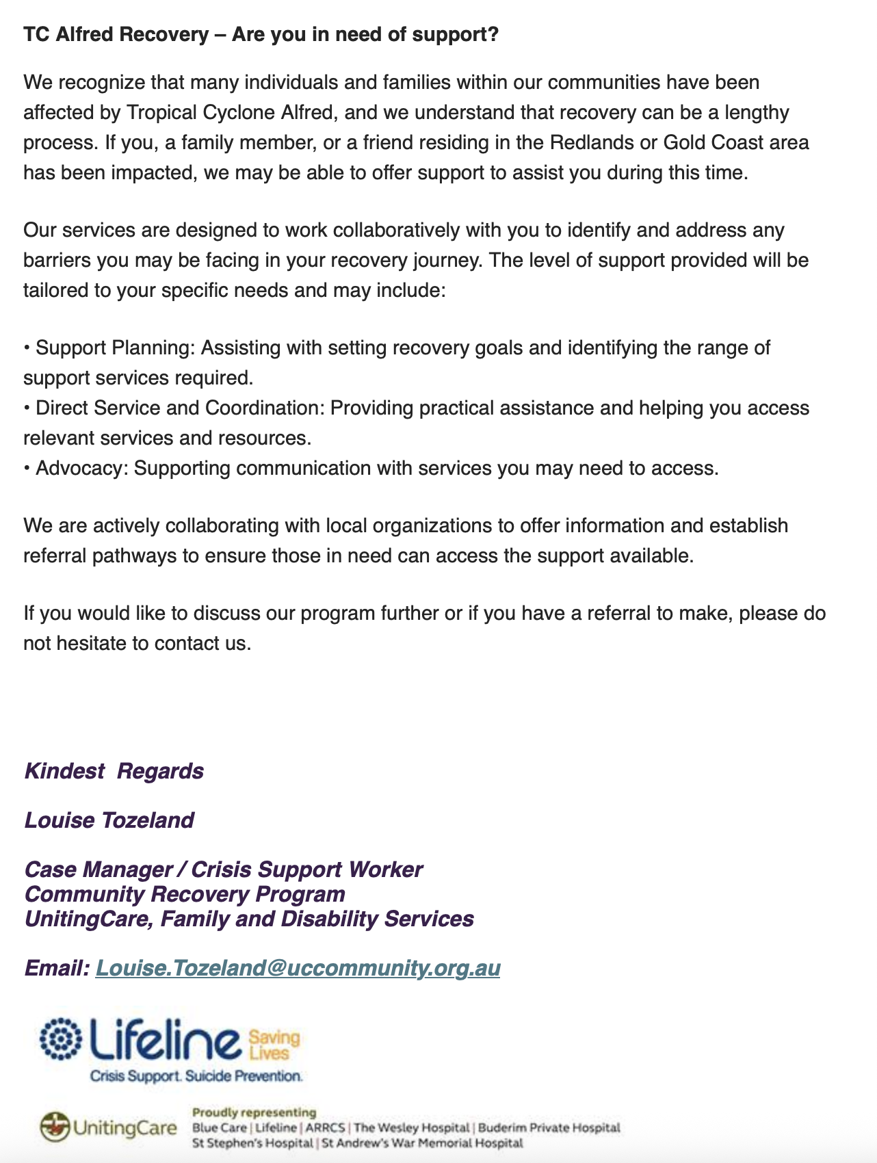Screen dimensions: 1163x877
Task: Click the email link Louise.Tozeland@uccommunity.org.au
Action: pos(298,968)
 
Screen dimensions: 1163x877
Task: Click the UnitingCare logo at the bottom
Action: pos(108,1127)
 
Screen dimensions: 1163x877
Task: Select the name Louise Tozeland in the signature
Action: pos(109,820)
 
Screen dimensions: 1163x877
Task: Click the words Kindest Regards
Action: pos(114,771)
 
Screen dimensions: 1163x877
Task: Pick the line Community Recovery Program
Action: pos(185,894)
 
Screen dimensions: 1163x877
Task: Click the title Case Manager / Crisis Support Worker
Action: pos(223,870)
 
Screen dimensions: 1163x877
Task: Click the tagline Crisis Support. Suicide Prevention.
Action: pos(196,1076)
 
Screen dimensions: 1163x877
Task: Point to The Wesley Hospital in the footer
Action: pos(412,1127)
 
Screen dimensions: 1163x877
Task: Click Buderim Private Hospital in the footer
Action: pos(549,1127)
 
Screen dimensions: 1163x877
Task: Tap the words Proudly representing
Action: pos(254,1112)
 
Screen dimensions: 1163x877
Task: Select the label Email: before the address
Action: pos(57,968)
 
